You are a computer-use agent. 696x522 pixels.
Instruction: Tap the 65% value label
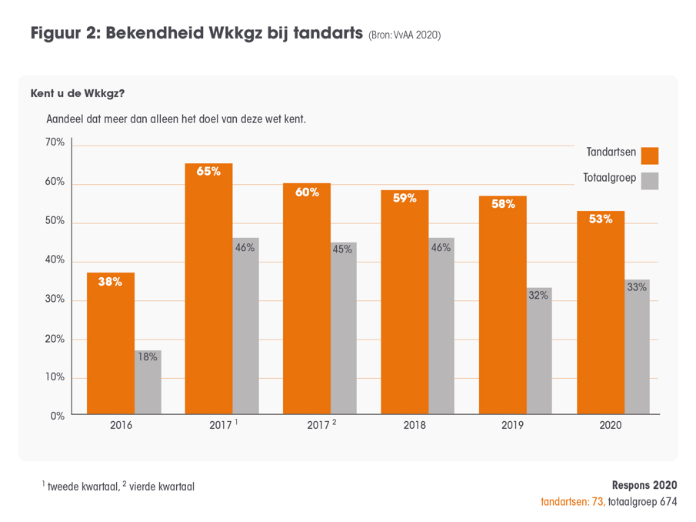208,172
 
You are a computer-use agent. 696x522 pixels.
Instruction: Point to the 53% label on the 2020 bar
601,219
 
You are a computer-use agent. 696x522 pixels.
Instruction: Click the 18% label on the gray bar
148,356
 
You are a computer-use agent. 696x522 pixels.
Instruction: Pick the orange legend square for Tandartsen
650,155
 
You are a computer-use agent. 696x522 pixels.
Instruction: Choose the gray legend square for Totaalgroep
650,181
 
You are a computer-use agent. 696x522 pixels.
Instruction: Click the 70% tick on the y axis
55,142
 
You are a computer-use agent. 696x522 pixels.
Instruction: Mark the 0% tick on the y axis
58,416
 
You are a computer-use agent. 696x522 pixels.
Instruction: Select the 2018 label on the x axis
415,425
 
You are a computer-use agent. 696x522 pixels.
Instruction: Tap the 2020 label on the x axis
611,425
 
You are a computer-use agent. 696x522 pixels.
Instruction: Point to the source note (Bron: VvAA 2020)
404,35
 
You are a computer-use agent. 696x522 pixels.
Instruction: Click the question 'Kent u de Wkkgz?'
77,94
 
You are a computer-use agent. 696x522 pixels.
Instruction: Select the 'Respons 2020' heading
644,485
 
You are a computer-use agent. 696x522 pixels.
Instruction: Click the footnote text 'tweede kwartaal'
78,487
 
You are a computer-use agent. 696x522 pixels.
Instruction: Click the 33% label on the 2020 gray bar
637,287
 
